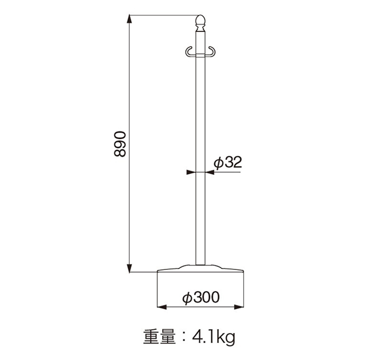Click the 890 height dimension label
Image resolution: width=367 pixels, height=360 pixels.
(x=120, y=144)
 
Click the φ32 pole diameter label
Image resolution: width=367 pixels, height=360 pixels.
(x=228, y=162)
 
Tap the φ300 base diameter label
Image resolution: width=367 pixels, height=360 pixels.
(x=201, y=297)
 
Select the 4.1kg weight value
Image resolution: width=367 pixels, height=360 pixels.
(x=213, y=337)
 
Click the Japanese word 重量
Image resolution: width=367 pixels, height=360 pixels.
(x=159, y=337)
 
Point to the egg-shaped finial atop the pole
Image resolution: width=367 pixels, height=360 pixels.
(x=200, y=21)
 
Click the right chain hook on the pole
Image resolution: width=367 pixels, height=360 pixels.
(x=210, y=51)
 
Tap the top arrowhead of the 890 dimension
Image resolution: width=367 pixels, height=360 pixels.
(x=129, y=19)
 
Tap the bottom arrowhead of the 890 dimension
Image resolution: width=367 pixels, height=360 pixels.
(x=129, y=268)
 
